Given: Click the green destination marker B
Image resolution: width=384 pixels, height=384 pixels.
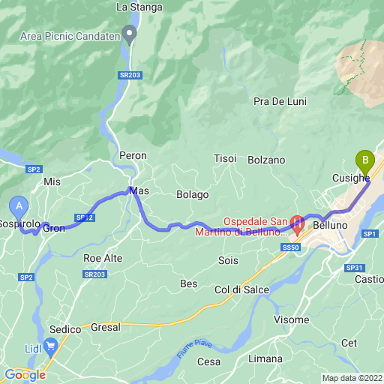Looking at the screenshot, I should point(365,160).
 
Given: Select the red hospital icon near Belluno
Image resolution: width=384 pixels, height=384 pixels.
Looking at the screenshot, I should point(297,223).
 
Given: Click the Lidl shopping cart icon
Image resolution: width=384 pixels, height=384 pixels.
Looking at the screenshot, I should point(51,346).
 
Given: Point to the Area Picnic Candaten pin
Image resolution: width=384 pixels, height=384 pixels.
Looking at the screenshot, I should point(130,33).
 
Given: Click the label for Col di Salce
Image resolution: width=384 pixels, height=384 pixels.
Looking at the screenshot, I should point(241,290).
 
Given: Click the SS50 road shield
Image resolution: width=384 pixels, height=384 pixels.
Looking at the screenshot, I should point(291,247).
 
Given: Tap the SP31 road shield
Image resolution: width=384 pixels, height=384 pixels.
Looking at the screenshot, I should point(355,268).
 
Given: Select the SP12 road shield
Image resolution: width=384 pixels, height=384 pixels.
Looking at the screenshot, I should point(83,217).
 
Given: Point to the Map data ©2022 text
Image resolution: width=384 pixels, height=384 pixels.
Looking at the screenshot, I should point(352,378).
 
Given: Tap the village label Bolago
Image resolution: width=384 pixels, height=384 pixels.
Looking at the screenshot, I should point(193,195).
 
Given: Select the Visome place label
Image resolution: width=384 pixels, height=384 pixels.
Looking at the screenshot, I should point(291,320).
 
